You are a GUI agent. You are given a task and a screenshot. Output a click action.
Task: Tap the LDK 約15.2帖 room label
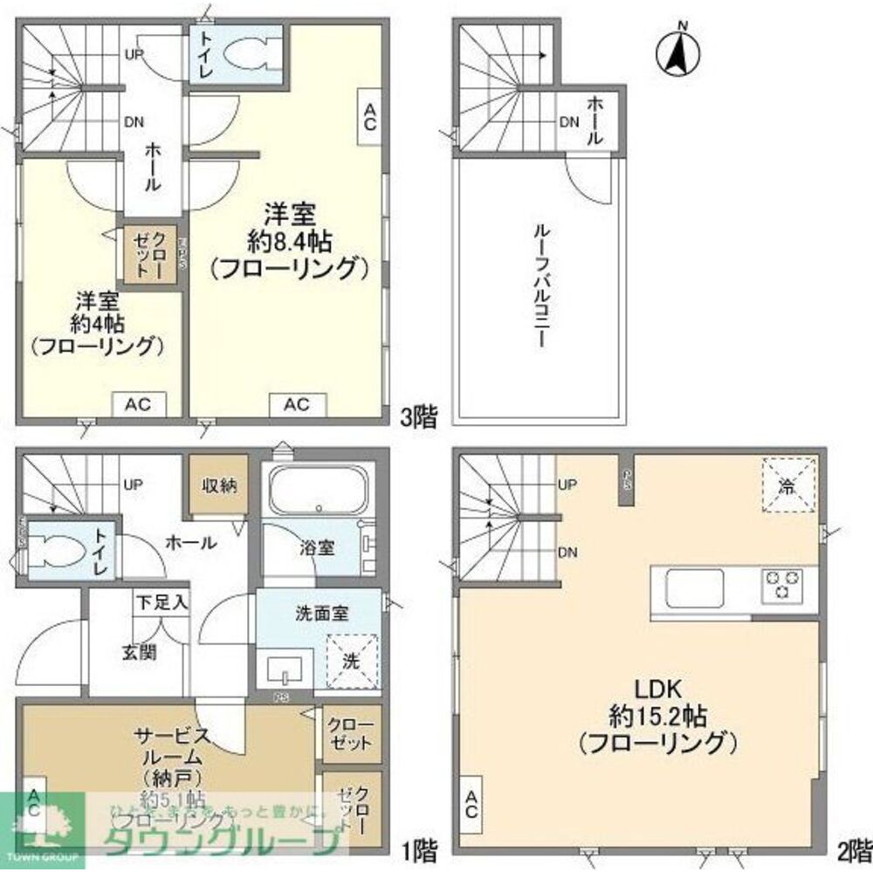pos(657,717)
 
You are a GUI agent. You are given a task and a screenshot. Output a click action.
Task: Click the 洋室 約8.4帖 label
pos(285,239)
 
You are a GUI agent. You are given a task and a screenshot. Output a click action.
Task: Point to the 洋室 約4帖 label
pos(97,323)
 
